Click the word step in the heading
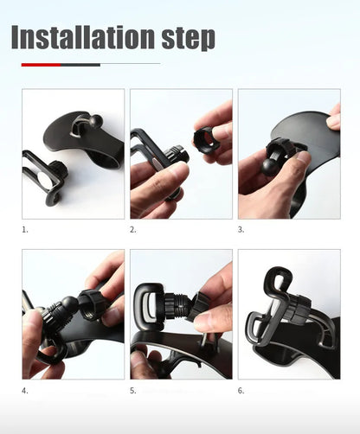(x=182, y=37)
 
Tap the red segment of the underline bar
(x=41, y=64)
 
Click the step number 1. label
(x=26, y=230)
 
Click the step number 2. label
(x=133, y=230)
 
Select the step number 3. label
(x=241, y=230)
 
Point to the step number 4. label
(x=26, y=391)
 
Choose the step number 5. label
(x=133, y=391)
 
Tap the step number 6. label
(x=241, y=391)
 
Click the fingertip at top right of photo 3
(x=334, y=122)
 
